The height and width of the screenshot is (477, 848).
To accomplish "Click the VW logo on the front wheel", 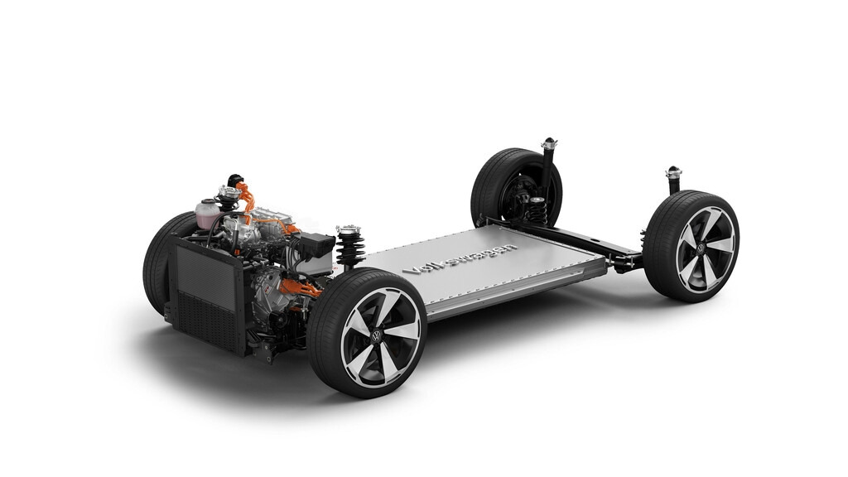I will [x=378, y=336].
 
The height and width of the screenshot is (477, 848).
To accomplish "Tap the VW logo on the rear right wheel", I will [x=701, y=248].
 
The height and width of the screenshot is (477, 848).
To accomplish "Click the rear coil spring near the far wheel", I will [x=536, y=210].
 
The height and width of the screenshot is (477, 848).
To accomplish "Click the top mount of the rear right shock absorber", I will [x=673, y=173].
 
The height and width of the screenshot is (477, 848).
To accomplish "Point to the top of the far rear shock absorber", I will [x=548, y=145].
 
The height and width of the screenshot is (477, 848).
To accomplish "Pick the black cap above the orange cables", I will [x=235, y=180].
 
